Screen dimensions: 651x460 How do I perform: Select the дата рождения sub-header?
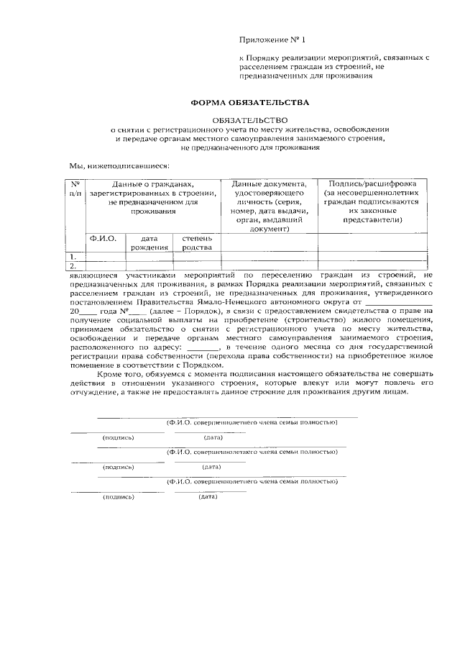tap(149, 242)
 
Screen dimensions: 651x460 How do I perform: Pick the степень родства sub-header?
tap(197, 242)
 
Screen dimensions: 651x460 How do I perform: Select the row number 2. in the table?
tap(73, 265)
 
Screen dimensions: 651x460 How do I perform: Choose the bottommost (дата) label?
tap(208, 496)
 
